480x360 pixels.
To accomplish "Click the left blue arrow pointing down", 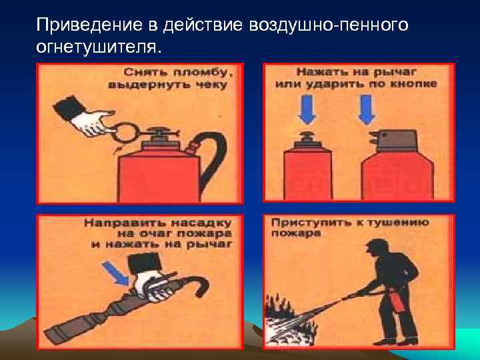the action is tap(308, 109).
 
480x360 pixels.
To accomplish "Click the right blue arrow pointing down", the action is tap(367, 109).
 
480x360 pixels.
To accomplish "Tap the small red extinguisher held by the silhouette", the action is tap(398, 301).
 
